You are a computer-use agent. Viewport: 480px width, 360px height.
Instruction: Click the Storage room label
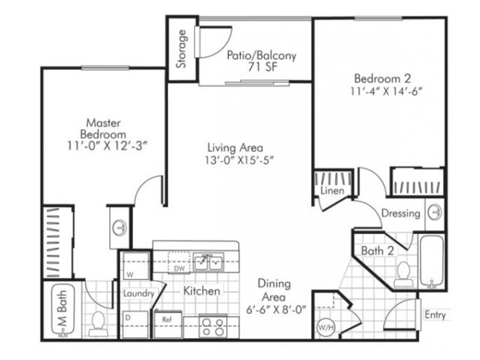coord(181,49)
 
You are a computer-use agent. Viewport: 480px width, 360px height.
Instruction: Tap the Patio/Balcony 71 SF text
coord(262,61)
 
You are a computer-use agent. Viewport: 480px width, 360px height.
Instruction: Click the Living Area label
coord(235,148)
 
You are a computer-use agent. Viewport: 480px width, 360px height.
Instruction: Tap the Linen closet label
coord(332,191)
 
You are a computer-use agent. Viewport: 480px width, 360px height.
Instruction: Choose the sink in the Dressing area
coord(434,212)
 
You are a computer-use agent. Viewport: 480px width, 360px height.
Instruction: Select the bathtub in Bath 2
coord(431,261)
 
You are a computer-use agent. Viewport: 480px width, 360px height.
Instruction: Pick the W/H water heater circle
coord(326,328)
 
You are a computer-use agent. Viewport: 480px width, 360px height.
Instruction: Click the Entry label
coord(434,314)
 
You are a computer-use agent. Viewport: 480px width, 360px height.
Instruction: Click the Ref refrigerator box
coord(168,325)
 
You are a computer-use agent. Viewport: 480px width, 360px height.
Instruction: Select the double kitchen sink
coord(209,262)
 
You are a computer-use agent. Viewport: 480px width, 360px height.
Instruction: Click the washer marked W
coord(136,265)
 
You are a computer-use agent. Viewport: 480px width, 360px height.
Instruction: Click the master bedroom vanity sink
coord(119,228)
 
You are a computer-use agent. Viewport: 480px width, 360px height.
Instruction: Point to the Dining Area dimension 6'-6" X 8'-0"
coord(276,310)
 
